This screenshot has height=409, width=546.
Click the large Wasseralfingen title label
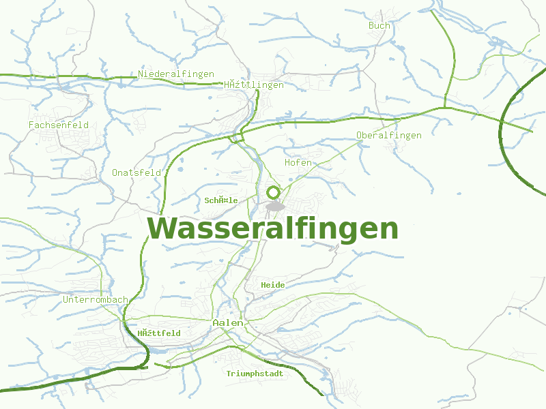[273, 229]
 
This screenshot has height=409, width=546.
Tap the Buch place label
[379, 26]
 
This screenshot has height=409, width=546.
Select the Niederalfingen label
[176, 74]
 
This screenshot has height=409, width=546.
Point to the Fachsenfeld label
[59, 125]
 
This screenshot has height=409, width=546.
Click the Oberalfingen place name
[389, 135]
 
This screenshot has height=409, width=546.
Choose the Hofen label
[298, 162]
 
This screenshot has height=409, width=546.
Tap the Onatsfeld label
[136, 172]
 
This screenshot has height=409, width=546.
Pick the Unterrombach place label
[95, 299]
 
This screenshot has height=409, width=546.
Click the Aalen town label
[223, 322]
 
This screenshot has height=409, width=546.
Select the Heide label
[273, 284]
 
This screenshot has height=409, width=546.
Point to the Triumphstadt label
[255, 374]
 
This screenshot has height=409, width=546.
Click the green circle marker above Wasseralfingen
[274, 192]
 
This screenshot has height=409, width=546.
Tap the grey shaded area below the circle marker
[275, 206]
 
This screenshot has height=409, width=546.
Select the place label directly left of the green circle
[221, 200]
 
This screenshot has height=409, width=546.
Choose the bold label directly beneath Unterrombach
[158, 333]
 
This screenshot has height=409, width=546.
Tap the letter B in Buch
[371, 26]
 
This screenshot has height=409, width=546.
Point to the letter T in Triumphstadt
[229, 374]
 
